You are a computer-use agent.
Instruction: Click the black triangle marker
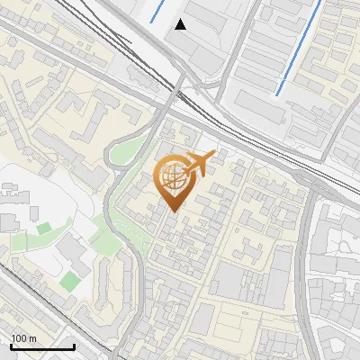coord(181,24)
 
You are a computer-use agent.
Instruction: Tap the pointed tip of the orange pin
coord(173,211)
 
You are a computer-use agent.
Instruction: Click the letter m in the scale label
coord(31,338)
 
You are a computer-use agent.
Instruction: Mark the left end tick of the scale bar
coord(11,345)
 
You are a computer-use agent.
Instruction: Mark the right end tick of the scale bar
coord(74,345)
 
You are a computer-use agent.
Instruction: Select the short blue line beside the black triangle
coord(157,12)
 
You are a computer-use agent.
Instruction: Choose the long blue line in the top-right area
coord(298,48)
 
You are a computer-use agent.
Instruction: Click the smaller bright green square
coord(43,229)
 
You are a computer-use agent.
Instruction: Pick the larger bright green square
coord(70,281)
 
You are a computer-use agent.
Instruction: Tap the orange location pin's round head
coord(173,177)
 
